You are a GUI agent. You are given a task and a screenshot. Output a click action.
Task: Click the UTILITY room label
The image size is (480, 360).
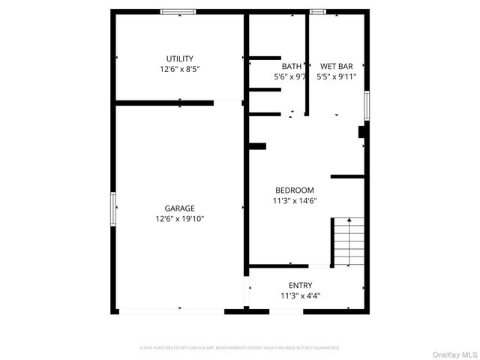click(x=179, y=58)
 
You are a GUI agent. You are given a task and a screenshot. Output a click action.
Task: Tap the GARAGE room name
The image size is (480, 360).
click(x=179, y=208)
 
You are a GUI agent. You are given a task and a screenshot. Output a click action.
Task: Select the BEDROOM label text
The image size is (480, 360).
click(x=294, y=190)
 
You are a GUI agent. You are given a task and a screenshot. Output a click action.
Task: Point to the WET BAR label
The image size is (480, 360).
click(x=336, y=66)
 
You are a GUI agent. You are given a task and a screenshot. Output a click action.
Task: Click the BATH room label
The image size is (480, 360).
click(x=291, y=66)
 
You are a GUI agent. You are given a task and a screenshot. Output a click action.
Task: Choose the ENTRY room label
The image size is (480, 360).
click(x=300, y=285)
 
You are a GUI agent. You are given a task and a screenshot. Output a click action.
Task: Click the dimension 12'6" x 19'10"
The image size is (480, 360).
click(x=179, y=219)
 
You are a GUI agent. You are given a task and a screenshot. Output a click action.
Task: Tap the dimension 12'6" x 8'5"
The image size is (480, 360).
click(x=179, y=69)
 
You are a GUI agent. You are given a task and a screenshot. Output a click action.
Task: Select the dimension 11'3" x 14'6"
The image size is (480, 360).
click(x=294, y=201)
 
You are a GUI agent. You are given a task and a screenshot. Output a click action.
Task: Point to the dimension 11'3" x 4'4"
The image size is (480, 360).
click(x=300, y=295)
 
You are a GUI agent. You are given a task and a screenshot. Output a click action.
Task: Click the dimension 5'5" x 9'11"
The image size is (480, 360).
click(x=336, y=76)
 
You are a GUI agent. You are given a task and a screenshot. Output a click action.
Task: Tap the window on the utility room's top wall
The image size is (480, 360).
click(x=178, y=11)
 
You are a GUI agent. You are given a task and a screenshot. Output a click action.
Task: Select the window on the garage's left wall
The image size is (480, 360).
click(x=113, y=208)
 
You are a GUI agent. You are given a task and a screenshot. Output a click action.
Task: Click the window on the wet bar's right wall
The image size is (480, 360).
click(x=367, y=105)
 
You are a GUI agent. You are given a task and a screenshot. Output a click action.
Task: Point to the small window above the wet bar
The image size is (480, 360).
click(x=318, y=11)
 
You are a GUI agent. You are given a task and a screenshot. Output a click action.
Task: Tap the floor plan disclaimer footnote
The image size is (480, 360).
click(x=240, y=348)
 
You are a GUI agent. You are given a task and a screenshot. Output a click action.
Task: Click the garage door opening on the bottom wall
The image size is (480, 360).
click(x=171, y=310)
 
